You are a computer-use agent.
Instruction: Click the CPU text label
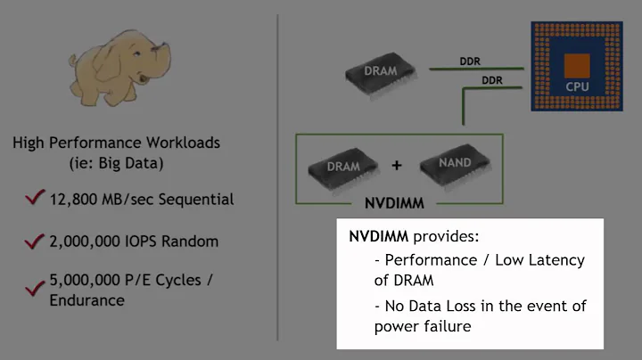coord(577,87)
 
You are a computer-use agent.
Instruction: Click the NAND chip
coord(449,163)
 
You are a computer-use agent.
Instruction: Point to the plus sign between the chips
coord(397,166)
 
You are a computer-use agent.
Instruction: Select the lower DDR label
coord(491,79)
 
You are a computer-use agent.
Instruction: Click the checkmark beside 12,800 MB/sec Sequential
coord(36,198)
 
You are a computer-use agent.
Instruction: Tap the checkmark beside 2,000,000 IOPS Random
coord(36,241)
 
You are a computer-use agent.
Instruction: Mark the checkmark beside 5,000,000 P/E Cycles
coord(36,287)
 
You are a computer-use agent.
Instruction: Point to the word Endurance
coord(87,299)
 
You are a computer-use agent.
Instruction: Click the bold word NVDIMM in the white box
coord(377,240)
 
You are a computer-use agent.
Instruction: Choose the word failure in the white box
coord(446,325)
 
